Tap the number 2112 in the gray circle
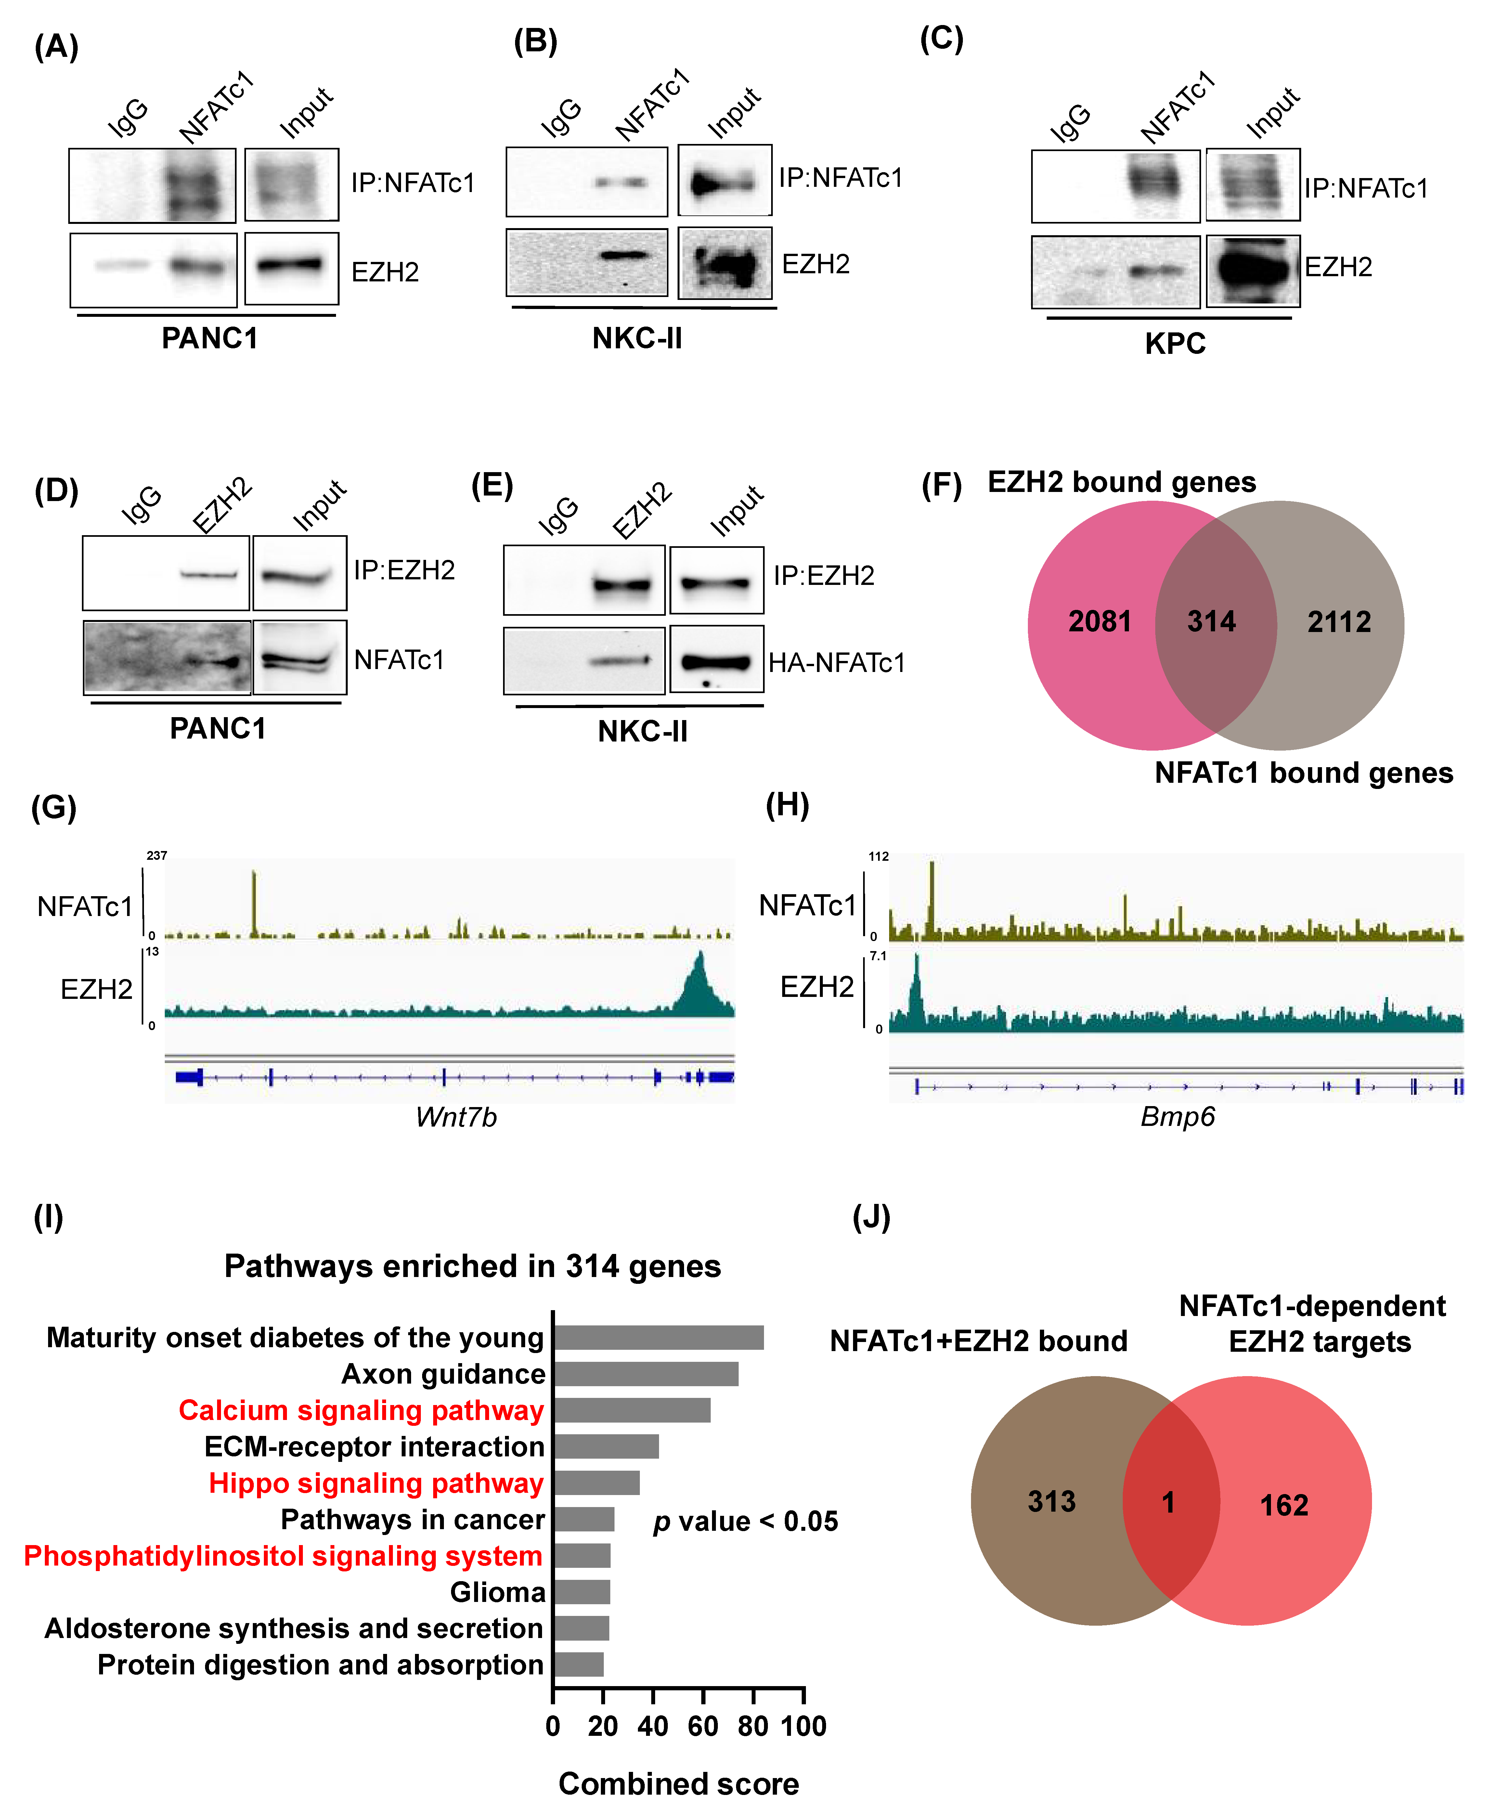click(1339, 622)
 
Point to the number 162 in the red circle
click(1284, 1505)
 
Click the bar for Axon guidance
click(645, 1374)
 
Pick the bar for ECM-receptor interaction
click(605, 1447)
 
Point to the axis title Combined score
click(679, 1784)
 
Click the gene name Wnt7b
click(456, 1116)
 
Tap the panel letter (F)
click(941, 485)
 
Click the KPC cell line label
click(1175, 343)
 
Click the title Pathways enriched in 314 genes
click(473, 1266)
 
